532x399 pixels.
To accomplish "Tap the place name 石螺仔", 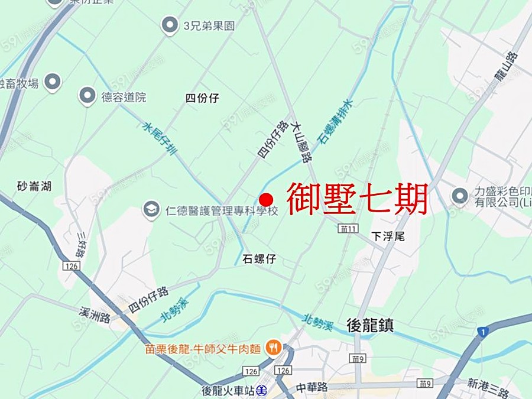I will coord(259,259).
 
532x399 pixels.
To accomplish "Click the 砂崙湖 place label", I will coord(34,186).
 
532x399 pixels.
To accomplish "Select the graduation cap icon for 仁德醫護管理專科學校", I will coord(151,209).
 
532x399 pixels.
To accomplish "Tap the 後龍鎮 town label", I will coord(370,325).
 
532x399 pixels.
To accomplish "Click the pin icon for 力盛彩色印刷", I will coord(459,196).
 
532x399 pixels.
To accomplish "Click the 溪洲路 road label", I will coord(95,314).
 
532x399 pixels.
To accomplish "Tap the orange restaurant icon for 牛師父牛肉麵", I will coord(273,348).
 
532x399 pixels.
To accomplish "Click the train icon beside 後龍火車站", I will coord(262,390).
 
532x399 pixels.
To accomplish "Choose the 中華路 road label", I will coord(312,388).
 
